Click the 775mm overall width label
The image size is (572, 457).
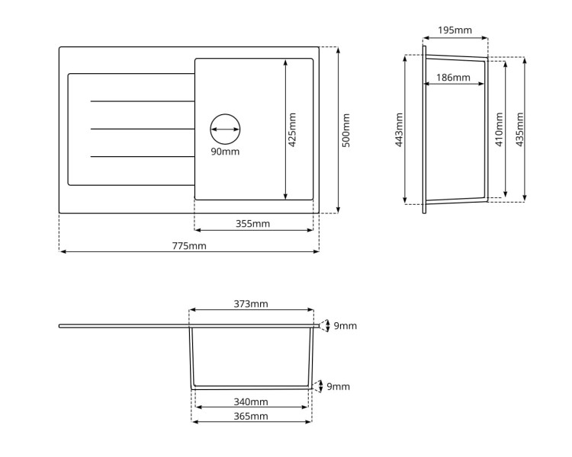coord(189,245)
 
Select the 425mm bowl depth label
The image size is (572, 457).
coord(292,129)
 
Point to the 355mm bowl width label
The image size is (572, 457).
coord(252,224)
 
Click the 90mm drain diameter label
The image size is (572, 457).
coord(225,151)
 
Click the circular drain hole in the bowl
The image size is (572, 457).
coord(225,129)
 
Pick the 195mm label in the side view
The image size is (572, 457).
coord(455,30)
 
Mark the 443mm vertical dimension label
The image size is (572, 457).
coord(399,129)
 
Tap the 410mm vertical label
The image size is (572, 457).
coord(499,129)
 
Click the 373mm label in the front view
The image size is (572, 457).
coord(251,304)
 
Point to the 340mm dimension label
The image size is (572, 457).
coord(251,401)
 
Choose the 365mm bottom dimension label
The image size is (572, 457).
coord(251,416)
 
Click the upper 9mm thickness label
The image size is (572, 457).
coord(345,326)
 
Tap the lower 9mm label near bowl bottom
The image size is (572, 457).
coord(338,387)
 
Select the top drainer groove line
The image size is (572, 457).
coord(142,101)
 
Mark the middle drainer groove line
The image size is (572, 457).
coord(142,129)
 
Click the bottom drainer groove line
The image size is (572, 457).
coord(142,157)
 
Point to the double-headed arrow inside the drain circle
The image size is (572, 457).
coord(225,129)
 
